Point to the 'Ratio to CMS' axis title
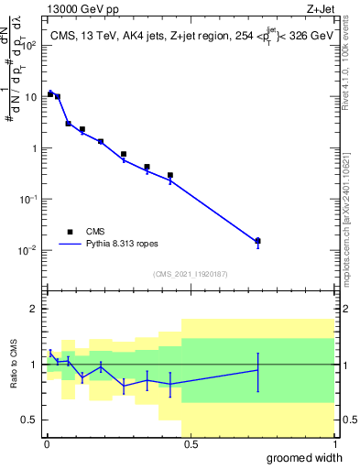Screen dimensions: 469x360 tap(13, 364)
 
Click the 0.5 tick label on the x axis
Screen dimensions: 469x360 tap(190, 445)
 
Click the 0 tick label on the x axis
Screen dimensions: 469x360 tap(47, 445)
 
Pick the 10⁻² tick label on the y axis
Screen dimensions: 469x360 tap(27, 250)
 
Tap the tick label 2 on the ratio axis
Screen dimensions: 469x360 tap(32, 309)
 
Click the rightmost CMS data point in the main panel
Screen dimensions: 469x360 tap(257, 241)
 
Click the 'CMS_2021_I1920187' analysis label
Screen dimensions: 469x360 tap(190, 273)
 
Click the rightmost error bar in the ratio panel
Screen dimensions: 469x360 tap(257, 371)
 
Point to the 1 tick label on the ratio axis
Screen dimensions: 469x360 tap(32, 365)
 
